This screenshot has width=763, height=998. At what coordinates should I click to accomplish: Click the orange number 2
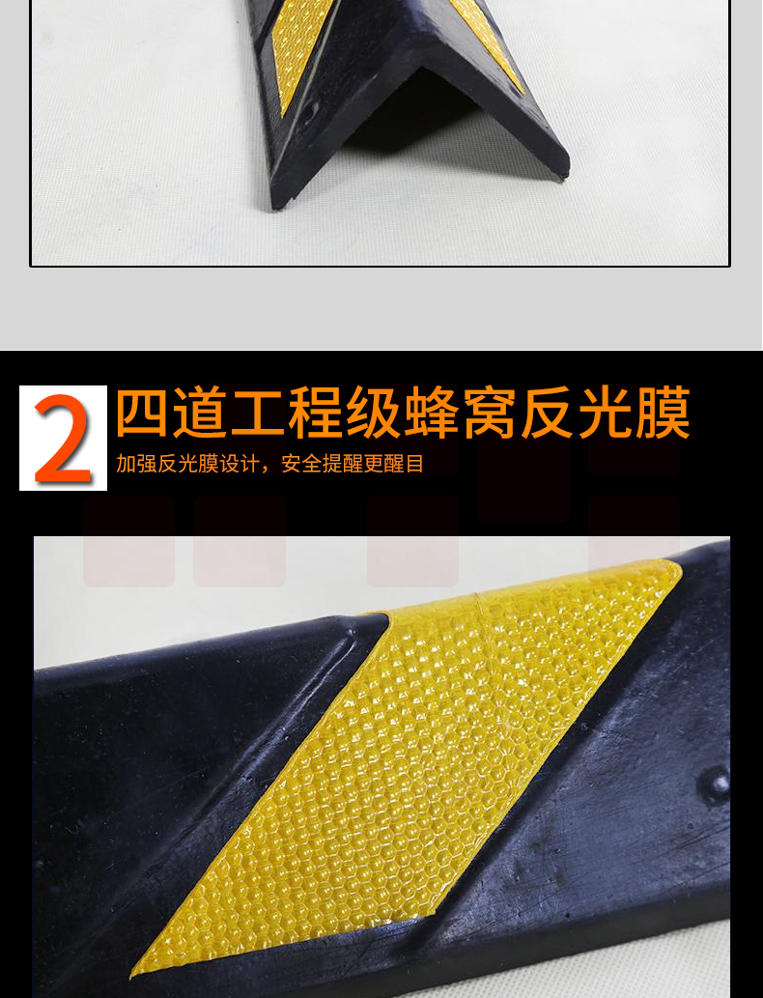click(63, 440)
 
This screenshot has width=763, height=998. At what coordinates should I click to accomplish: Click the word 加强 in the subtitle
click(136, 464)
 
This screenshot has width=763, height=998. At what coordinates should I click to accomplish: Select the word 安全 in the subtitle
click(301, 464)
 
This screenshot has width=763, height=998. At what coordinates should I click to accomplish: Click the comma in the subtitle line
click(266, 470)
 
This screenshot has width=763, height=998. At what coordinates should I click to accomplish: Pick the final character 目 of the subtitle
click(414, 464)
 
